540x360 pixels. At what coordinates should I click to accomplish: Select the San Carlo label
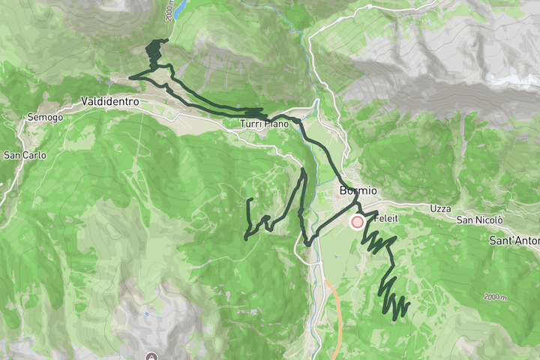tap(25, 156)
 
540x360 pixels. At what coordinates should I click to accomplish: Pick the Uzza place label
tap(441, 208)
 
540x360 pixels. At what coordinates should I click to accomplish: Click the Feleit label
tap(388, 219)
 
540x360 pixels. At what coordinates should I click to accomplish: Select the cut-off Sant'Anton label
tap(514, 241)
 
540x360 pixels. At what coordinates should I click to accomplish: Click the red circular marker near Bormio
tap(357, 222)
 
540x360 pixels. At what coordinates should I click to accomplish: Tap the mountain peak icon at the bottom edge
tap(153, 355)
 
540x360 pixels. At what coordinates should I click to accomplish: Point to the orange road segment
tap(336, 315)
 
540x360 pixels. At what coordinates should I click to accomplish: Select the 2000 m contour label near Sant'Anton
tap(495, 298)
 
